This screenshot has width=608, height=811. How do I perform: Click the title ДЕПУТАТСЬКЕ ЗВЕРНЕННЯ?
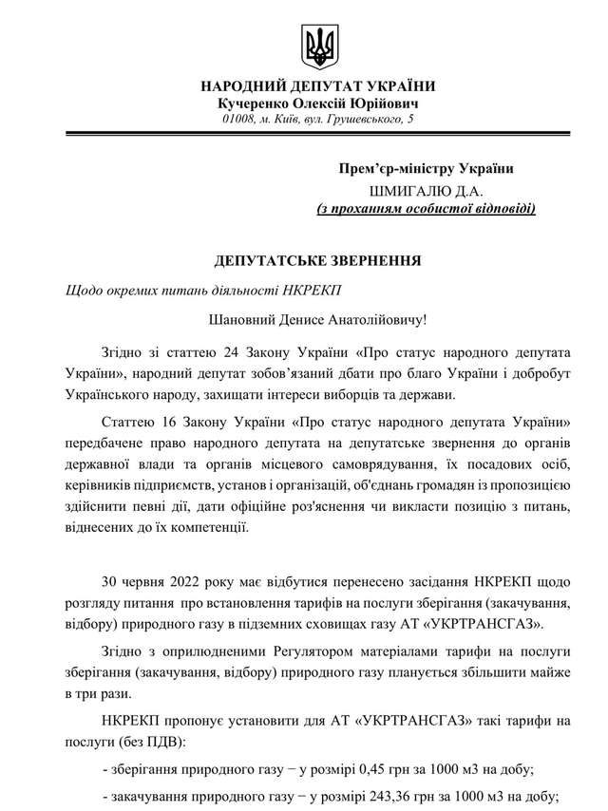(317, 258)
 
